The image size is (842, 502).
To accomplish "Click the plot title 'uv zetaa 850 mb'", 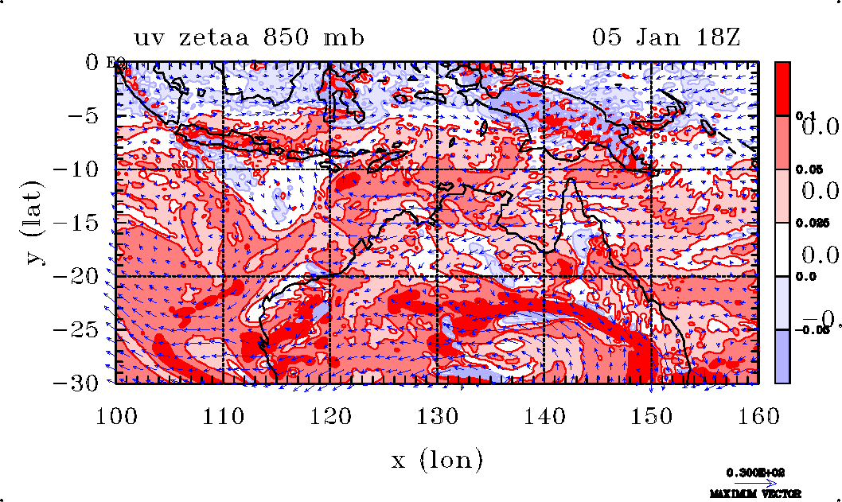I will (249, 37).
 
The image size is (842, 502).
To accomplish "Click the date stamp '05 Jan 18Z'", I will (667, 37).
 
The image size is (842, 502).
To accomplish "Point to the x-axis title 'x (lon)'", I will (436, 459).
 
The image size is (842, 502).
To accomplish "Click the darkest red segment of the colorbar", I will (783, 88).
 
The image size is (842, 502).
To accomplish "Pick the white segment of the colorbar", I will (783, 249).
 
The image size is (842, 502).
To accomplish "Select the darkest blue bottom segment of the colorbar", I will (783, 356).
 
